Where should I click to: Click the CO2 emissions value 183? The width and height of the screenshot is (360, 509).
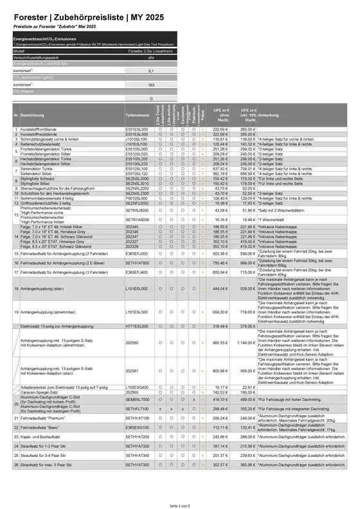[150, 85]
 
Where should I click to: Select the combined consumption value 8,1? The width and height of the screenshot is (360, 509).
[150, 71]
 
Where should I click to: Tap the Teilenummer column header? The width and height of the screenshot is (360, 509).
[138, 115]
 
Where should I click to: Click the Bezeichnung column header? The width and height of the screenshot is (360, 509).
[33, 115]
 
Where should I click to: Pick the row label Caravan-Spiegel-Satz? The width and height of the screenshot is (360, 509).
[42, 391]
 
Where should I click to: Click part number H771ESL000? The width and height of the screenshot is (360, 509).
[136, 326]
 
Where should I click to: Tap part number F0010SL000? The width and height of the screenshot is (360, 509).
[136, 199]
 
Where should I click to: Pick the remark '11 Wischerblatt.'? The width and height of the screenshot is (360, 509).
[276, 219]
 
